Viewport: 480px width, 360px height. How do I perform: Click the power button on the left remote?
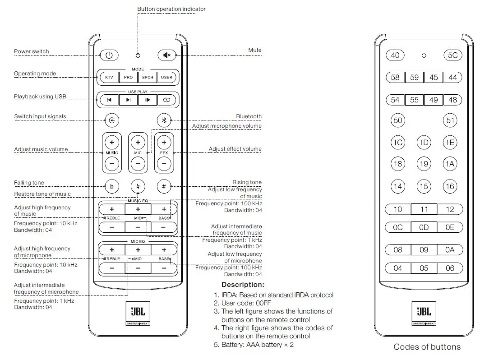109,55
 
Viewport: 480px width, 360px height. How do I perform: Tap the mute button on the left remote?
167,55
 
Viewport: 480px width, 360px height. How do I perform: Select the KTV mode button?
109,77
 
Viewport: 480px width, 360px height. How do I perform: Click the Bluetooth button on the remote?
164,120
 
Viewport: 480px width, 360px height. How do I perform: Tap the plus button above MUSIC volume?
112,142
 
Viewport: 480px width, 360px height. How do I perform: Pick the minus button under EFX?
164,163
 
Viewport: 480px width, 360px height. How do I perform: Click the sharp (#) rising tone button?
164,186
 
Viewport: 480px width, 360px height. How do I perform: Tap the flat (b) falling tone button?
112,186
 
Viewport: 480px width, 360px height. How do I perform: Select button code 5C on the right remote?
452,55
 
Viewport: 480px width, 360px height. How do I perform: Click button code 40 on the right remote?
395,55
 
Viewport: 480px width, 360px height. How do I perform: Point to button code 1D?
424,143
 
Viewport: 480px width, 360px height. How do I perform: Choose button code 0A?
450,249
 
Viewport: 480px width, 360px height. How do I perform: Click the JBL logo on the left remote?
138,313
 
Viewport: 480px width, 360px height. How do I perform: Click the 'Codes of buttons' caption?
427,347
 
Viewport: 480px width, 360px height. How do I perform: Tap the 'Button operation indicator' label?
171,9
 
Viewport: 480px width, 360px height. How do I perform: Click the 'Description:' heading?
243,285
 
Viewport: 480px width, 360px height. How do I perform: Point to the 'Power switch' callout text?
32,51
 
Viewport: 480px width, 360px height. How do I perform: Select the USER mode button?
166,77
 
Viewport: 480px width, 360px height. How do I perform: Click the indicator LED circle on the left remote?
138,55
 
